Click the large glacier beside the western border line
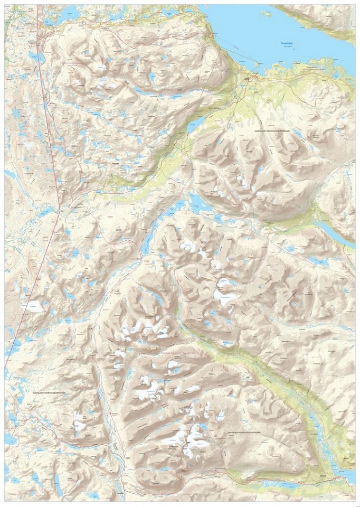click(x=32, y=306)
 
